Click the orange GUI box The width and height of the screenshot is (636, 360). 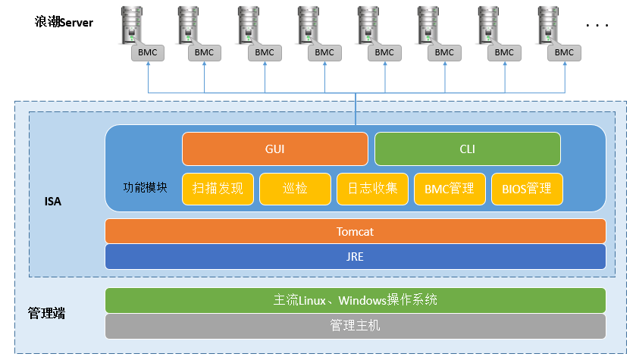(274, 149)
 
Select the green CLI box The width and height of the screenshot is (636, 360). (467, 149)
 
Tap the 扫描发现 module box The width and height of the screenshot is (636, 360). (218, 189)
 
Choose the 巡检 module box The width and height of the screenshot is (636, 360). (295, 189)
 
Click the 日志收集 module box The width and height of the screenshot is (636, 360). (372, 189)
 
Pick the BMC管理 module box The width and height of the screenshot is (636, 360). (450, 189)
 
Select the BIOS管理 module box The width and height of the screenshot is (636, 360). (527, 189)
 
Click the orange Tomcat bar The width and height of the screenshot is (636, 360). (355, 231)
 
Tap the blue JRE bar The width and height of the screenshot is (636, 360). (355, 256)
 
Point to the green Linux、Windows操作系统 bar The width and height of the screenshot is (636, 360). (355, 300)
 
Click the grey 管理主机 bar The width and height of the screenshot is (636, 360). (355, 326)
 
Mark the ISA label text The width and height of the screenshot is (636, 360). (52, 202)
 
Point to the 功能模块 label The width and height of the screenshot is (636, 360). (145, 186)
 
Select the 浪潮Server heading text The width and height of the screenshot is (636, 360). (64, 22)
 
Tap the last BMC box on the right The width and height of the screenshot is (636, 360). (564, 52)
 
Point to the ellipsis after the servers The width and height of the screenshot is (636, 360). (597, 25)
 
